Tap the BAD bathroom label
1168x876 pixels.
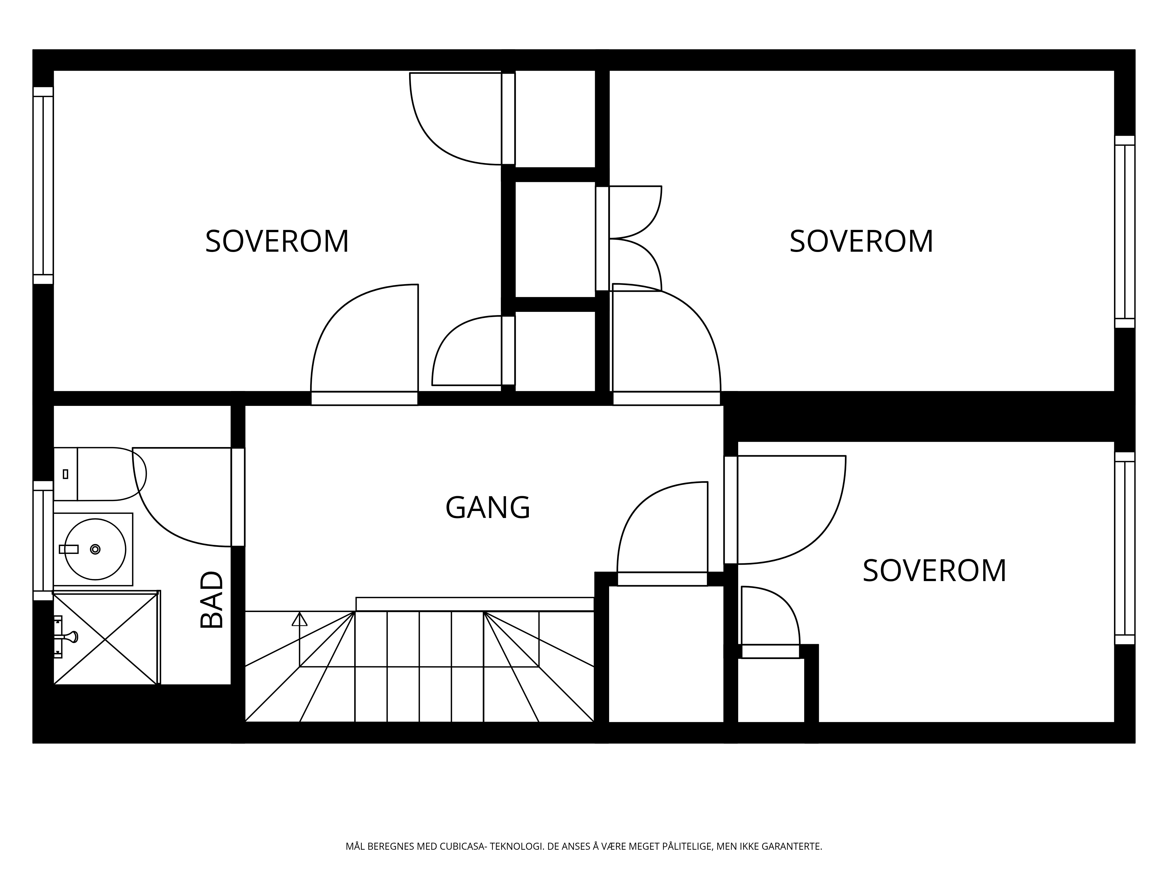click(212, 599)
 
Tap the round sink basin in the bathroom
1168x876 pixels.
click(95, 549)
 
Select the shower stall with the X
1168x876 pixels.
click(106, 638)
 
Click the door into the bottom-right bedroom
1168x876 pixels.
click(785, 510)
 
